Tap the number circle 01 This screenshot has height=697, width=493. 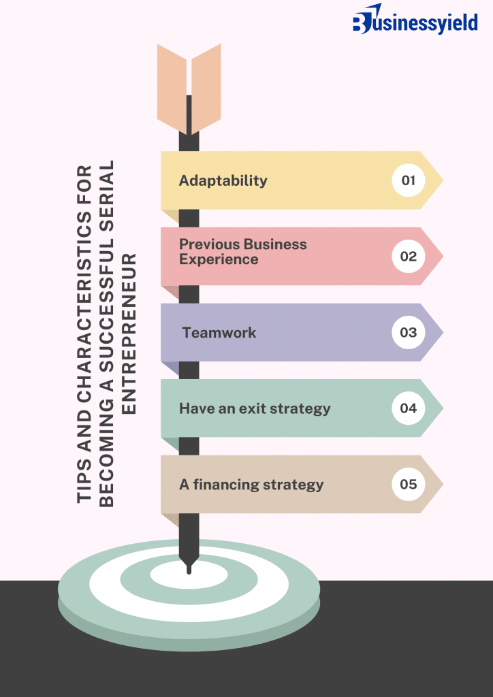(x=409, y=180)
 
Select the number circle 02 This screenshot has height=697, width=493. (x=409, y=257)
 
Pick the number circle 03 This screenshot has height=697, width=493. (x=409, y=333)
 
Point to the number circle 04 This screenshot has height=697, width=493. (x=409, y=408)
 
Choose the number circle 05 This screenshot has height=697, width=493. (x=409, y=485)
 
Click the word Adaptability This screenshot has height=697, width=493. (x=223, y=180)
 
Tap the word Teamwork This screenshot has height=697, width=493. (x=219, y=333)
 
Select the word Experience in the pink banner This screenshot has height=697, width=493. (x=219, y=259)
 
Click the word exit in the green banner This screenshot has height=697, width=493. (x=253, y=408)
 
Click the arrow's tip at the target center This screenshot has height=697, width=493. (x=189, y=568)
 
